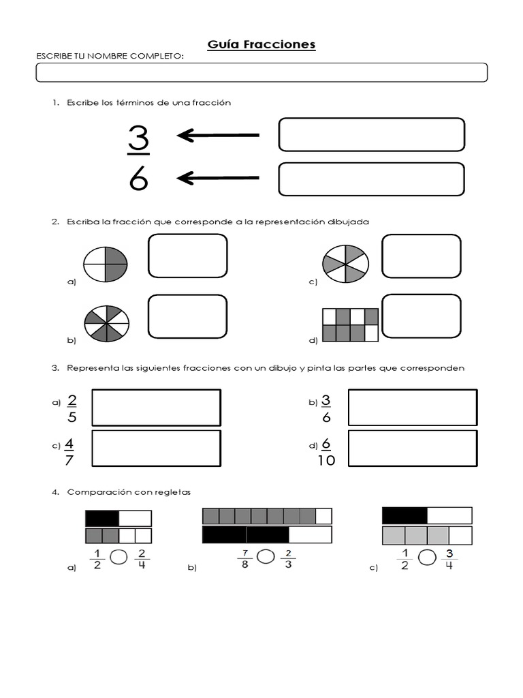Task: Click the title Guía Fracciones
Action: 261,45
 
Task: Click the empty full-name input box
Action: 261,72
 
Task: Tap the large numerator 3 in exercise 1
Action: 138,138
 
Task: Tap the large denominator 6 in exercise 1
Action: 138,179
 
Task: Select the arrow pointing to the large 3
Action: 218,136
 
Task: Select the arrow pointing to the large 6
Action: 218,178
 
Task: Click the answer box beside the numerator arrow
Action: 371,134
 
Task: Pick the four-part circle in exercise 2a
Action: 106,263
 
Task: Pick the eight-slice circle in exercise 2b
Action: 107,323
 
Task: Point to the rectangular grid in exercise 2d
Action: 350,324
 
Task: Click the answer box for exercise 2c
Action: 421,256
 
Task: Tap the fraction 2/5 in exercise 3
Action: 72,408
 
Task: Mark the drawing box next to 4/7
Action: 156,449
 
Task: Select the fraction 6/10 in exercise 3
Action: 326,452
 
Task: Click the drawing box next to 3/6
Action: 412,408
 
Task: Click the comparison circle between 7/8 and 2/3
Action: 266,557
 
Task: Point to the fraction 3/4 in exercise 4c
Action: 449,558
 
